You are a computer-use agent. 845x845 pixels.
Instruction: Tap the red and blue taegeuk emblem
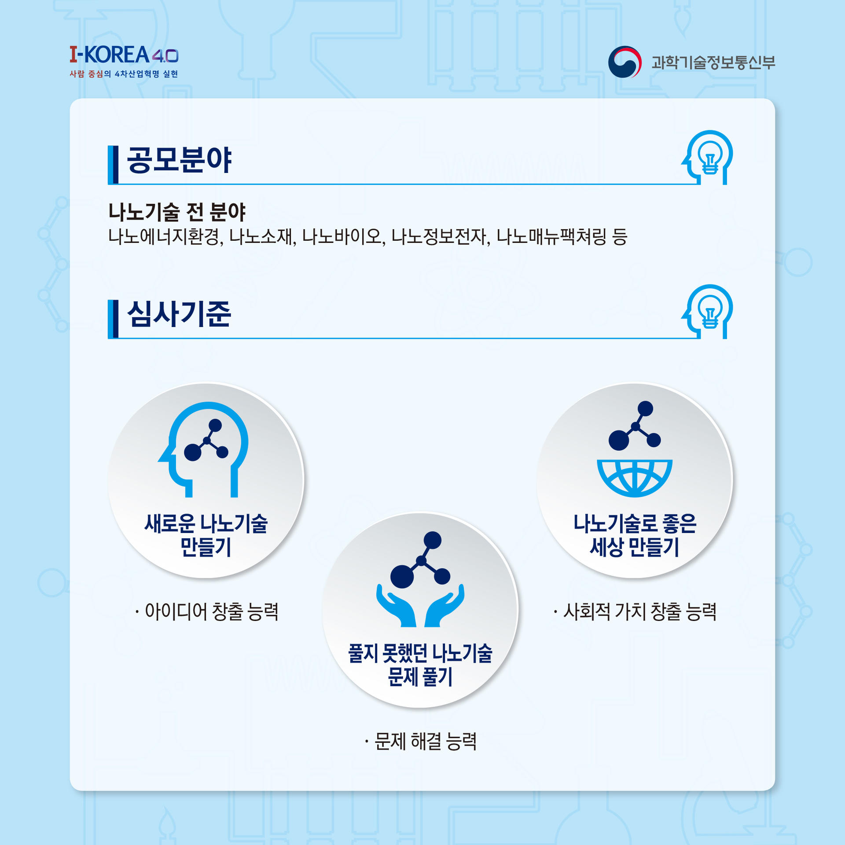[624, 62]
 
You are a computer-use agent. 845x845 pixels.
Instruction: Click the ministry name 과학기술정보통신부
[713, 62]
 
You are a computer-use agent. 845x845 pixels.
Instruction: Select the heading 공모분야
[179, 160]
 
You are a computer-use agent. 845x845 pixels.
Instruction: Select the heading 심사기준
[179, 314]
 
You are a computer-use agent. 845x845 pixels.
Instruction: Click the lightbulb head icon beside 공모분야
[707, 157]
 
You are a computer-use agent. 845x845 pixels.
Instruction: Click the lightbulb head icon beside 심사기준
[707, 312]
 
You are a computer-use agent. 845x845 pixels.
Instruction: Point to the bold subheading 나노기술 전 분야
[177, 212]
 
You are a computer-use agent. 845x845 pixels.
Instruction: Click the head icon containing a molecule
[203, 449]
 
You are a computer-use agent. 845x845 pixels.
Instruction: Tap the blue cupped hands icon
[420, 605]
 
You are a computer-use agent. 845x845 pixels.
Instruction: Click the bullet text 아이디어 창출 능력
[212, 611]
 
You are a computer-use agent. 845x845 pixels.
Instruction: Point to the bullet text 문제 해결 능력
[426, 741]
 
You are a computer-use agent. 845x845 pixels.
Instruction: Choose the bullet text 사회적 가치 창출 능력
[640, 611]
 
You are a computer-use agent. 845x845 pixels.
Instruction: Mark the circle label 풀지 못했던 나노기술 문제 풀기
[420, 665]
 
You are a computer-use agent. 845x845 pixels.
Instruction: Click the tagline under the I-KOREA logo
[124, 74]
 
